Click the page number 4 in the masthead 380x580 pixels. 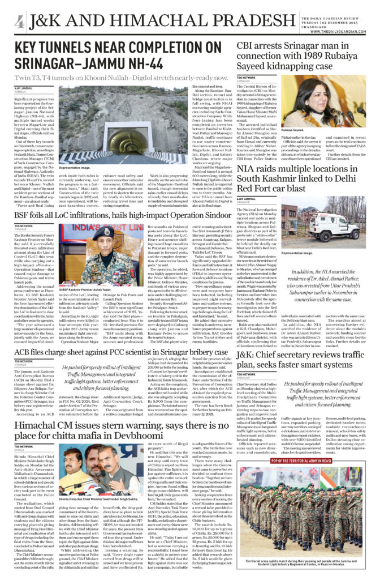19,22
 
